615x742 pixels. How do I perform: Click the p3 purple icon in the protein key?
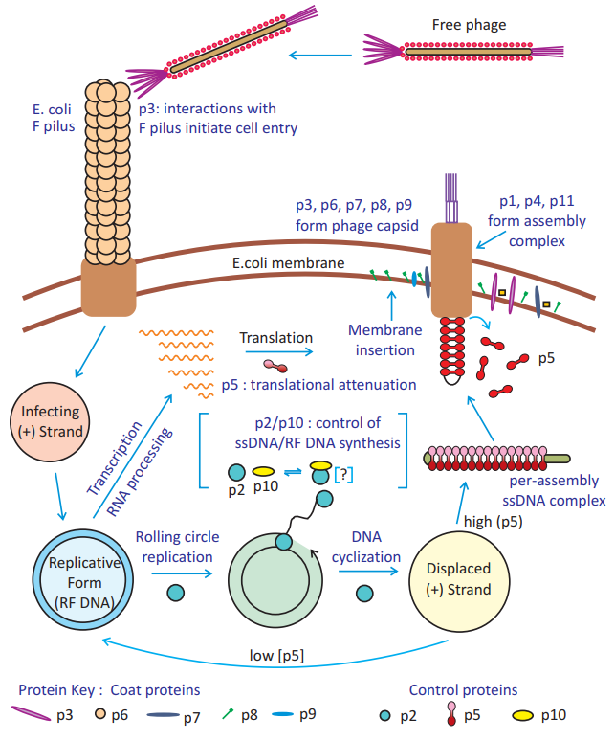(x=35, y=713)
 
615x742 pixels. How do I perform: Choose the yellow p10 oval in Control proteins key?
(x=527, y=713)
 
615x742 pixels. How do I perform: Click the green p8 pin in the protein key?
(x=230, y=712)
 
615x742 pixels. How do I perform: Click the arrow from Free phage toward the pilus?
(x=319, y=57)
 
